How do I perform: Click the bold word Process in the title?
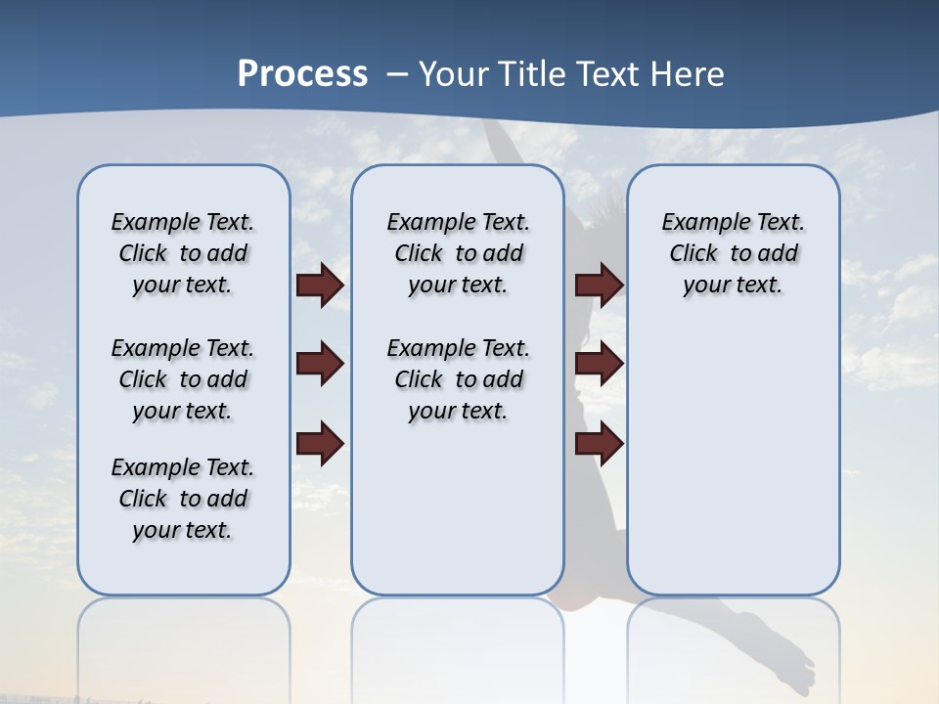point(302,74)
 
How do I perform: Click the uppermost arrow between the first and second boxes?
point(320,286)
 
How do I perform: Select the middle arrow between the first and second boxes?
point(320,365)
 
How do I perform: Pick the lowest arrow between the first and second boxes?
point(320,444)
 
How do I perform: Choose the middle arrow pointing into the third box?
point(599,365)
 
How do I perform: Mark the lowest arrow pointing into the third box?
point(599,444)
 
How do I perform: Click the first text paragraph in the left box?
point(183,253)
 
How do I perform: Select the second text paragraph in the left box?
point(183,379)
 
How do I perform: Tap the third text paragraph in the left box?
point(183,499)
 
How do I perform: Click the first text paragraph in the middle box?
point(458,253)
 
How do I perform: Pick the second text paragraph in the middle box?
point(458,379)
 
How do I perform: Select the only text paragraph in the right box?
point(733,253)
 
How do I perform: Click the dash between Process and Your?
point(397,75)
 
